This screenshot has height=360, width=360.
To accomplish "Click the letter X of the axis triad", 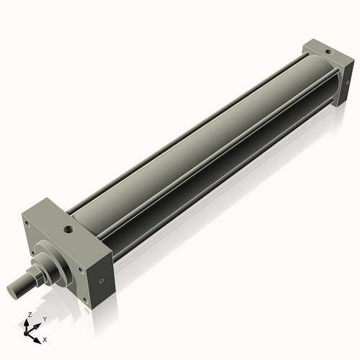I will point(45,338).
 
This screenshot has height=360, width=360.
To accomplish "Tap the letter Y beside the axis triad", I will point(45,318).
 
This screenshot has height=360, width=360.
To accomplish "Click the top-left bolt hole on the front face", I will point(27,223).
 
